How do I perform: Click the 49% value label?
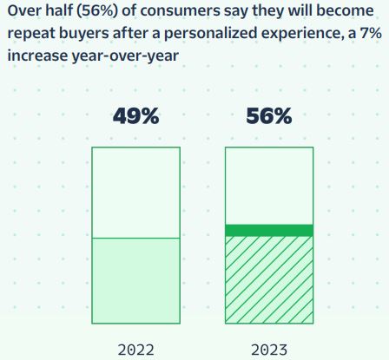click(135, 116)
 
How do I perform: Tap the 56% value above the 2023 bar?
click(269, 116)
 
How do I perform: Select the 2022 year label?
click(135, 350)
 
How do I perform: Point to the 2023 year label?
click(269, 350)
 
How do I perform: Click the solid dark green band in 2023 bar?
click(269, 231)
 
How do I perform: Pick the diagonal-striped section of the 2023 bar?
click(269, 280)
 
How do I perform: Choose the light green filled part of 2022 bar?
click(136, 281)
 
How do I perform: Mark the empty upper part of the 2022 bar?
click(136, 193)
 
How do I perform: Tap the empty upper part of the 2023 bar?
click(269, 186)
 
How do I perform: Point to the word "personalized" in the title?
click(211, 34)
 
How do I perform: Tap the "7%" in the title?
click(371, 34)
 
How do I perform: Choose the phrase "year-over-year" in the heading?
click(125, 56)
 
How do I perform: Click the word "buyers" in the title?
click(84, 34)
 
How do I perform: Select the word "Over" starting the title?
click(22, 11)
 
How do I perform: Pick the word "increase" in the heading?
click(37, 56)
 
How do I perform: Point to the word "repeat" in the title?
click(31, 34)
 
